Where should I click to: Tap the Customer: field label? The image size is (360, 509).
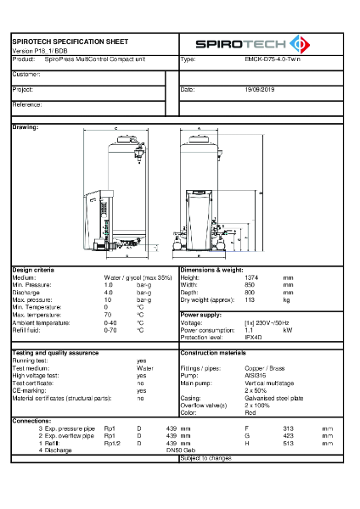tap(27, 75)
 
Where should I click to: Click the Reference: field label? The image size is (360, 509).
tap(28, 103)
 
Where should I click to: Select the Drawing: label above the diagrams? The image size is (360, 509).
tap(25, 126)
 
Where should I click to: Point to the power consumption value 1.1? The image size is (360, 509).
tap(248, 330)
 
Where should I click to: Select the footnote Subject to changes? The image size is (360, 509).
tap(205, 458)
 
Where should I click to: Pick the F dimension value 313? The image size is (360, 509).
tap(287, 428)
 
